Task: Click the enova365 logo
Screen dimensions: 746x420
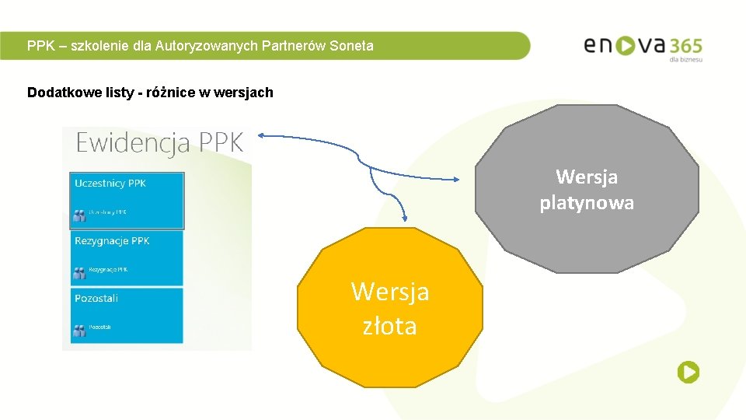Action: click(x=643, y=46)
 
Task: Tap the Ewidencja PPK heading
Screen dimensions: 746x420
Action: click(x=159, y=143)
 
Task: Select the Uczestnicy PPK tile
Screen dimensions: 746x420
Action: click(x=127, y=200)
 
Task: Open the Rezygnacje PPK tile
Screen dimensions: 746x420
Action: click(x=127, y=257)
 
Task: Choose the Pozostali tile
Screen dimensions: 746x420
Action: click(x=127, y=315)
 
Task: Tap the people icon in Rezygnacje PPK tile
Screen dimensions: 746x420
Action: click(x=78, y=271)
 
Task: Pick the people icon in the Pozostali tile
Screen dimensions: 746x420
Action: click(x=78, y=329)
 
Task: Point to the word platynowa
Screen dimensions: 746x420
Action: click(x=587, y=203)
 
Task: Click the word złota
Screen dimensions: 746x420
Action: click(x=389, y=326)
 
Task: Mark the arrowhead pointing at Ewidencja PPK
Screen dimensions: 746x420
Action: click(x=262, y=136)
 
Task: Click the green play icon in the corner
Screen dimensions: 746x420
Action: click(x=688, y=373)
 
